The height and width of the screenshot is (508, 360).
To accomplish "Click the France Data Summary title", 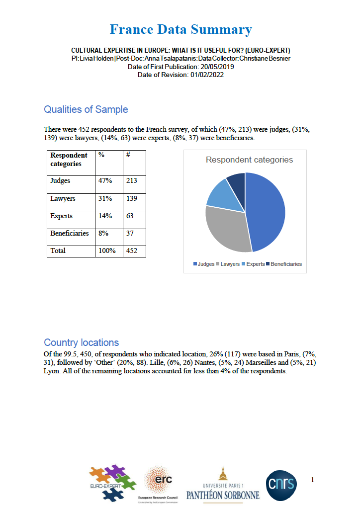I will click(180, 29).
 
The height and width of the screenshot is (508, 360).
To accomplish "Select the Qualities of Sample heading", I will click(86, 109).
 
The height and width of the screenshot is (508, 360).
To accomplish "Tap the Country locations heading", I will click(81, 342).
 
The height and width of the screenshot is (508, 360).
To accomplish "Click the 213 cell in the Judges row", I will click(132, 181).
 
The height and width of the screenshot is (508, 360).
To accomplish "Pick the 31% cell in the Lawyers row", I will click(105, 198).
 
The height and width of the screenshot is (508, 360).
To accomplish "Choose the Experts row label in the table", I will click(62, 216).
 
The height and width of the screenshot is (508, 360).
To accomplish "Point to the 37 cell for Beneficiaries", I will click(130, 233).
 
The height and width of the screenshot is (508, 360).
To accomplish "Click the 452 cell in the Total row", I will click(132, 251).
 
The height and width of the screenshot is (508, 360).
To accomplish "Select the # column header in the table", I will click(128, 155).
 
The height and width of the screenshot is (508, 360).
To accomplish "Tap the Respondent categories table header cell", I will click(69, 160).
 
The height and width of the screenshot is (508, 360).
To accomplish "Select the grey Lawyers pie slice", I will click(226, 230).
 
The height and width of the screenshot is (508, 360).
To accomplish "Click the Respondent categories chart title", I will click(249, 160).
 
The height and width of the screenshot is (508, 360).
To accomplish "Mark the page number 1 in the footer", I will click(312, 480).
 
